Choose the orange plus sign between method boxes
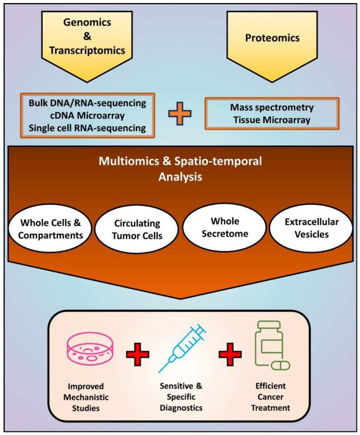coord(180,114)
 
